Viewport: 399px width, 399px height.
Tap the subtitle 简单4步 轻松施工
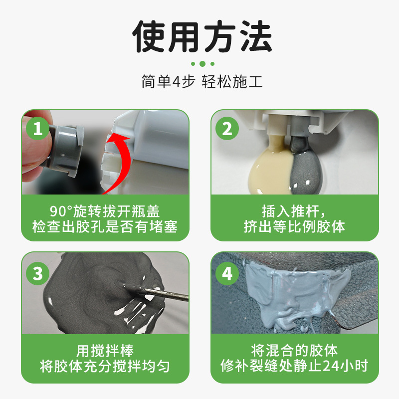(x=202, y=82)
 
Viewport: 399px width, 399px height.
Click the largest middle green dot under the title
(x=202, y=64)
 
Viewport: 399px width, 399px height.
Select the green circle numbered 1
(x=38, y=128)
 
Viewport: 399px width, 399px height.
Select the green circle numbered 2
(x=227, y=128)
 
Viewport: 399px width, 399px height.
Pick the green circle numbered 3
(x=38, y=273)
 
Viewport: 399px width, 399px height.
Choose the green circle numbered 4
(x=227, y=273)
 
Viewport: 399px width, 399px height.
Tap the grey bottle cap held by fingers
(x=65, y=150)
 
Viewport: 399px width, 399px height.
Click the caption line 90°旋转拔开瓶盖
(x=105, y=211)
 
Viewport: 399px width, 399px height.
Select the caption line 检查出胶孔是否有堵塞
(x=105, y=226)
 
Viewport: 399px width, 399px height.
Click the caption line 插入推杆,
(x=294, y=211)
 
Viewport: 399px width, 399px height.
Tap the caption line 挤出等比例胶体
(x=294, y=226)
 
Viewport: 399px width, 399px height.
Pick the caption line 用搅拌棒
(x=105, y=351)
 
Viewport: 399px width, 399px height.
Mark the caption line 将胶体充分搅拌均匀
(x=105, y=366)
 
